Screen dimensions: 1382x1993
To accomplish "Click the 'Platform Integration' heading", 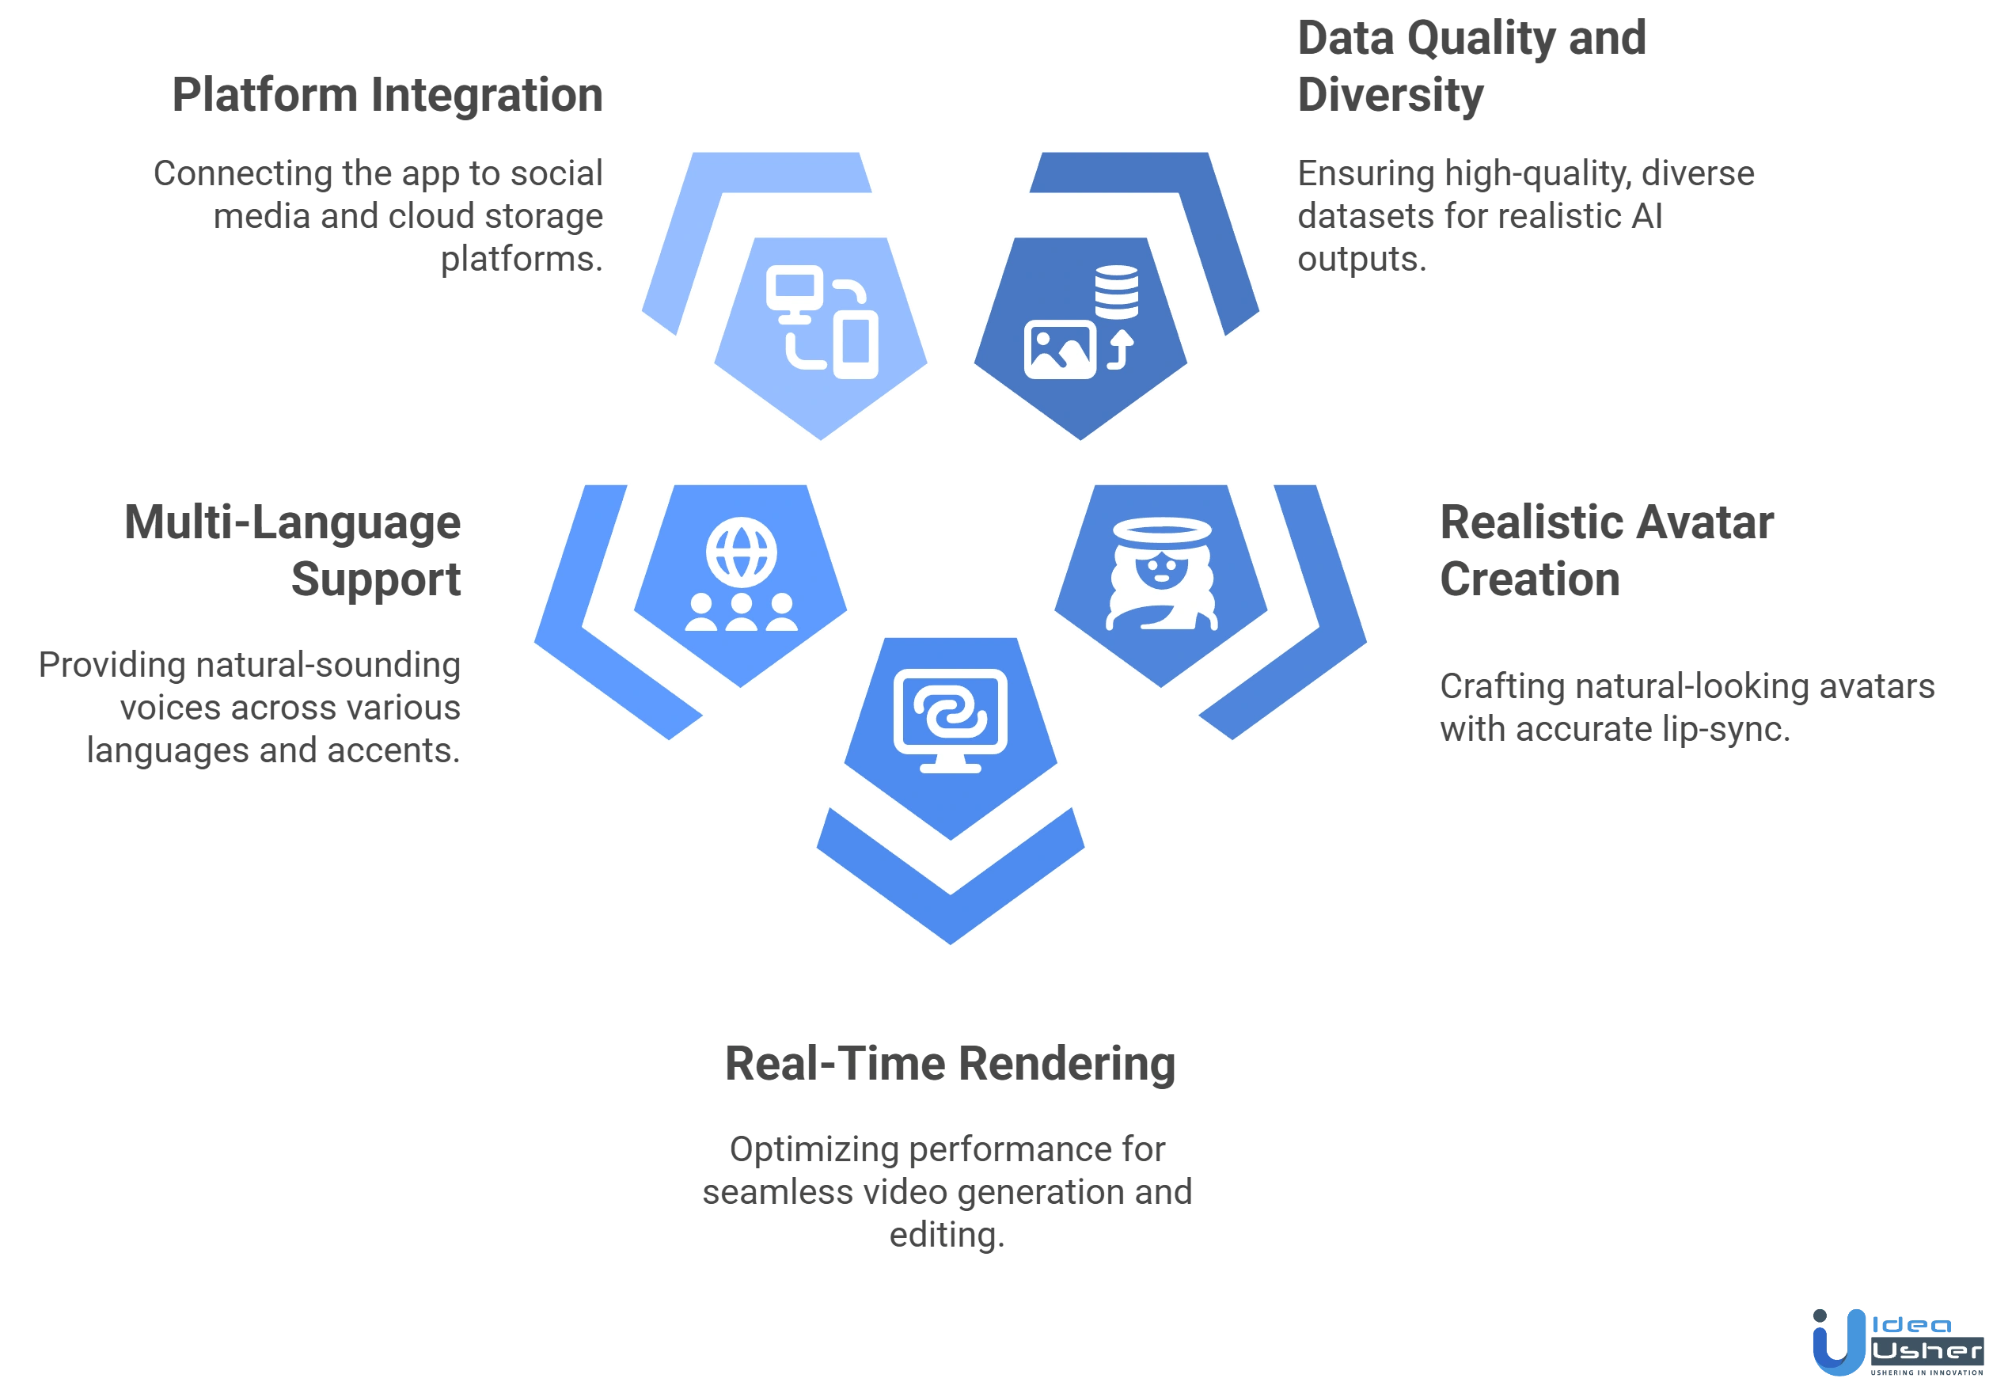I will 389,96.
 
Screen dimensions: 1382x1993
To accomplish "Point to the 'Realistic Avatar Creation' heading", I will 1606,551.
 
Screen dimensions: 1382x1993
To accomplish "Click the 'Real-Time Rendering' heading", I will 949,1065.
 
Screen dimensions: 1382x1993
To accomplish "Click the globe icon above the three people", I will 741,552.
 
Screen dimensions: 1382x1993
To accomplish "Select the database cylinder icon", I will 1116,292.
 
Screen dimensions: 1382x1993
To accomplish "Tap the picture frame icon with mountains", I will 1060,350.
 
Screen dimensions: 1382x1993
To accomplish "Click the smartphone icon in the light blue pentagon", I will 855,347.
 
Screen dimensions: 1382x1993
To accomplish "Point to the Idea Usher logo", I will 1896,1340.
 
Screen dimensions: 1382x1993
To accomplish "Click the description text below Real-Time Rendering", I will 949,1192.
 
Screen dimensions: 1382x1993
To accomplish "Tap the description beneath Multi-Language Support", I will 251,708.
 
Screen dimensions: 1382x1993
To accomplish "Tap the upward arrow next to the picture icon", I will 1122,350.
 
